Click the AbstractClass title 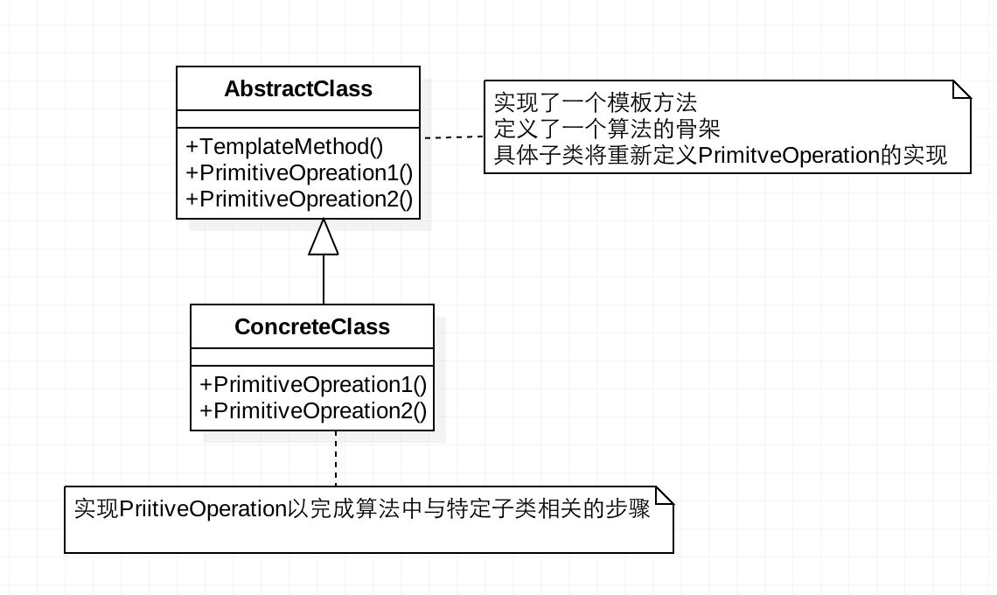(298, 89)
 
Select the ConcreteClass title (312, 327)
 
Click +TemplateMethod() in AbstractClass (284, 146)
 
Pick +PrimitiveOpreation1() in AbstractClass (298, 172)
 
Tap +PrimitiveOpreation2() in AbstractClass (298, 199)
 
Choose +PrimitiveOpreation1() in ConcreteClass (312, 384)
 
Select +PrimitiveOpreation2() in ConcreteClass (312, 410)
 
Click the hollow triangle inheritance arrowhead (324, 237)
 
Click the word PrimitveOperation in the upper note (790, 157)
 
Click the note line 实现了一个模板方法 (596, 102)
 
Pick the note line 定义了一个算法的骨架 (607, 129)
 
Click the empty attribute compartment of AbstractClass (298, 120)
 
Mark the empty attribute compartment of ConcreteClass (312, 357)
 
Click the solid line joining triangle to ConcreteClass (324, 279)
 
